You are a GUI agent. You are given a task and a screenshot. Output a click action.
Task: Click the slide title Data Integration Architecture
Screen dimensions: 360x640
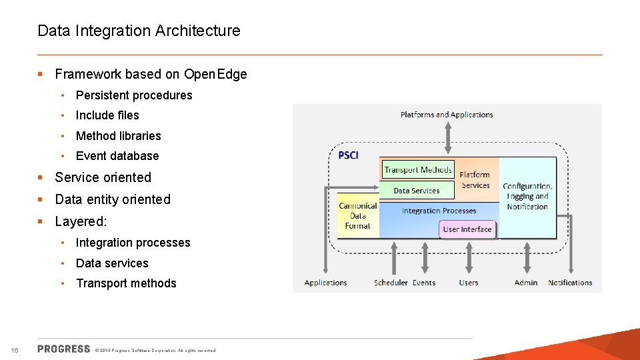pyautogui.click(x=139, y=31)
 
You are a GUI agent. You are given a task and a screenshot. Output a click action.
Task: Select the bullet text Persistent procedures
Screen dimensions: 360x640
pyautogui.click(x=133, y=95)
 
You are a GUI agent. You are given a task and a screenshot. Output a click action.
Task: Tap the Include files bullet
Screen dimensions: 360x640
pyautogui.click(x=107, y=115)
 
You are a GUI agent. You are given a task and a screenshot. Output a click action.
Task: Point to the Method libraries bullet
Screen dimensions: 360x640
pyautogui.click(x=118, y=136)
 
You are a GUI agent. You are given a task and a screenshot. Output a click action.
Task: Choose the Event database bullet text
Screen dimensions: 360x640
pyautogui.click(x=117, y=156)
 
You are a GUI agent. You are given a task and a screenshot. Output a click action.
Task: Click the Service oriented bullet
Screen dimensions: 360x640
pyautogui.click(x=103, y=177)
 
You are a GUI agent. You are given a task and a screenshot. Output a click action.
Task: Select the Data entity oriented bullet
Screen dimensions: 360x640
pyautogui.click(x=113, y=199)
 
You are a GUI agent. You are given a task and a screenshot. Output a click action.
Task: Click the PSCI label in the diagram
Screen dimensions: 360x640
pyautogui.click(x=348, y=155)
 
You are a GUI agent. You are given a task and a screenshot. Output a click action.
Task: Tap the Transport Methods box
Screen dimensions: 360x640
pyautogui.click(x=418, y=170)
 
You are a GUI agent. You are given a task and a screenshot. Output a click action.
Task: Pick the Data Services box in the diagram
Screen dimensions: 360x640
pyautogui.click(x=417, y=191)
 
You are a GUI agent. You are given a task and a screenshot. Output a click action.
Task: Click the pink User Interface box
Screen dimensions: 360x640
pyautogui.click(x=467, y=229)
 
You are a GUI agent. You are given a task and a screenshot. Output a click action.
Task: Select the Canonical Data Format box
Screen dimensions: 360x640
pyautogui.click(x=358, y=215)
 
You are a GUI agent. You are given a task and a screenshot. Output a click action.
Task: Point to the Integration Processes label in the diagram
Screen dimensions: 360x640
pyautogui.click(x=439, y=211)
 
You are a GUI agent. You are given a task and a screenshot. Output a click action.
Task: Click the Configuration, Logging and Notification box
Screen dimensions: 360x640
pyautogui.click(x=527, y=197)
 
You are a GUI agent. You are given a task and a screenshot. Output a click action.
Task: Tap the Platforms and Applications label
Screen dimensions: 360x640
pyautogui.click(x=447, y=115)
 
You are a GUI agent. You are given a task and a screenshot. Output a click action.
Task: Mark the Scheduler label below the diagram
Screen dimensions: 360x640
pyautogui.click(x=391, y=283)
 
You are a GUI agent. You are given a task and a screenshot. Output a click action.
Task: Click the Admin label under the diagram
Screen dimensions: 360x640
pyautogui.click(x=526, y=283)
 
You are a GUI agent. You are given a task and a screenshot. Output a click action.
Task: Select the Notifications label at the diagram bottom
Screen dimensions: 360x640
pyautogui.click(x=570, y=283)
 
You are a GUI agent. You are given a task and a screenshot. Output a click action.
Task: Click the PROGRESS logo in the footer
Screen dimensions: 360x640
pyautogui.click(x=64, y=349)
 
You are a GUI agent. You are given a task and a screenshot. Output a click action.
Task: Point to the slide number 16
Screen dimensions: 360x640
pyautogui.click(x=15, y=351)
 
